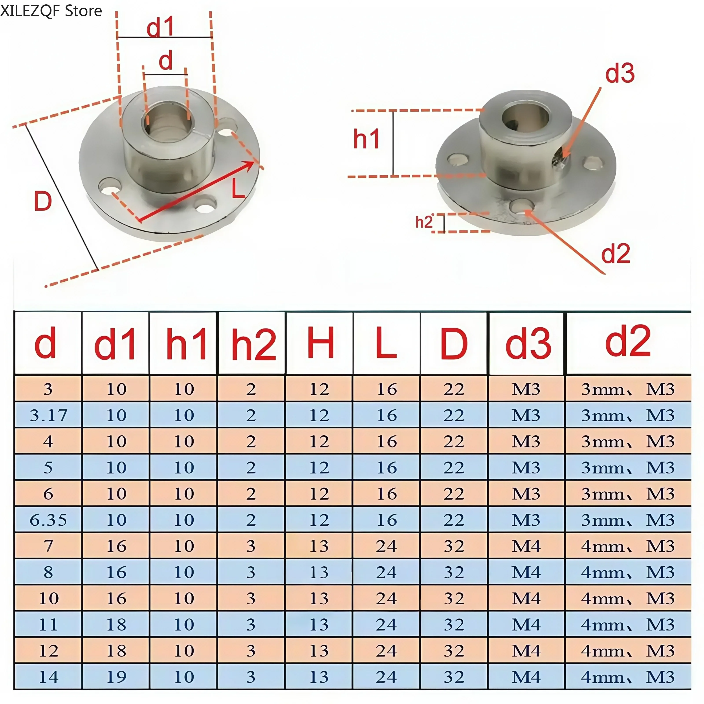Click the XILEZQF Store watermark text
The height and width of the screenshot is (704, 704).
(x=51, y=11)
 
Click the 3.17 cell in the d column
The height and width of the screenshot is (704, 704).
(x=48, y=415)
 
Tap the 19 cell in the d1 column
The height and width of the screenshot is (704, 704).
(x=116, y=677)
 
